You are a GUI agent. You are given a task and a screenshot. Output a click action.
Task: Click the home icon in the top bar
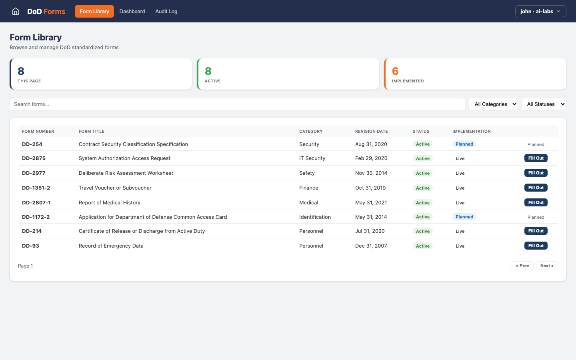click(x=16, y=11)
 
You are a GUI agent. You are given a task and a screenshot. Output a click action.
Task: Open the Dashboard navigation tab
click(x=132, y=11)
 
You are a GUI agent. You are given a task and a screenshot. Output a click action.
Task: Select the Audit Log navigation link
click(x=166, y=11)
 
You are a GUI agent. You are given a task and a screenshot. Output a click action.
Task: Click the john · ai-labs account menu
click(x=540, y=11)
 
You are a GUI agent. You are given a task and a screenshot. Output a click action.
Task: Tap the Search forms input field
click(x=237, y=104)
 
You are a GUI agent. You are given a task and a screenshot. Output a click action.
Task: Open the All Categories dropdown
click(x=493, y=104)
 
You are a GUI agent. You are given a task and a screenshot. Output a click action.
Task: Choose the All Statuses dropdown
click(x=544, y=104)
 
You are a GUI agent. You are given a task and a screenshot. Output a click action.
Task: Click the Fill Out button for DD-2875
click(x=536, y=158)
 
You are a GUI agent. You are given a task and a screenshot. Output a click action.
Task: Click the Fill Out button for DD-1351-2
click(x=536, y=188)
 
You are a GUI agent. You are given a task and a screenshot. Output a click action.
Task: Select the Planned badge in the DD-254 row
click(x=464, y=144)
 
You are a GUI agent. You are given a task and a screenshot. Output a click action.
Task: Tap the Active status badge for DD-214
click(x=422, y=231)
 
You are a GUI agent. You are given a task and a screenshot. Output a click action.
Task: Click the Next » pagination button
click(x=546, y=266)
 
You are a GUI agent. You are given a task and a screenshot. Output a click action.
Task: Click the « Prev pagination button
click(x=522, y=266)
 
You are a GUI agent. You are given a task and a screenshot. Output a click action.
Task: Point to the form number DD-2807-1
click(x=36, y=202)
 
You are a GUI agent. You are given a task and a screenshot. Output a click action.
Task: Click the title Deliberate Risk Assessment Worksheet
click(x=126, y=173)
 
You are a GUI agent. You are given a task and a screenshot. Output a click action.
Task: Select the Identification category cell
click(x=315, y=217)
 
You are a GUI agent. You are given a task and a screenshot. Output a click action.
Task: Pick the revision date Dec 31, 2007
click(x=371, y=246)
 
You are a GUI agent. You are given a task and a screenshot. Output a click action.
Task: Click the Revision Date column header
click(x=371, y=131)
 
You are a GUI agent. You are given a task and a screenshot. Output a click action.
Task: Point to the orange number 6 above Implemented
click(x=395, y=71)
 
